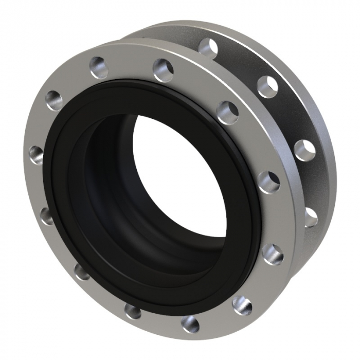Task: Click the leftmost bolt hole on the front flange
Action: [x=37, y=154]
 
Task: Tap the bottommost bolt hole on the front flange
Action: [x=190, y=324]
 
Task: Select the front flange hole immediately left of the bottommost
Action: [x=133, y=311]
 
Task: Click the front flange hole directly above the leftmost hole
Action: [x=54, y=100]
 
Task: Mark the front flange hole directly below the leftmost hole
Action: [x=46, y=215]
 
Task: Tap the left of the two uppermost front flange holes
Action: [x=99, y=67]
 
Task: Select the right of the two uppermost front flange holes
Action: [x=163, y=70]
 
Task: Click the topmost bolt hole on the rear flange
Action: [x=208, y=48]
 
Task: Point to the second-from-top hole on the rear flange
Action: [x=267, y=86]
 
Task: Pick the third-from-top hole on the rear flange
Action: [x=304, y=150]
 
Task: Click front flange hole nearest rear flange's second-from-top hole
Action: [x=227, y=112]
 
